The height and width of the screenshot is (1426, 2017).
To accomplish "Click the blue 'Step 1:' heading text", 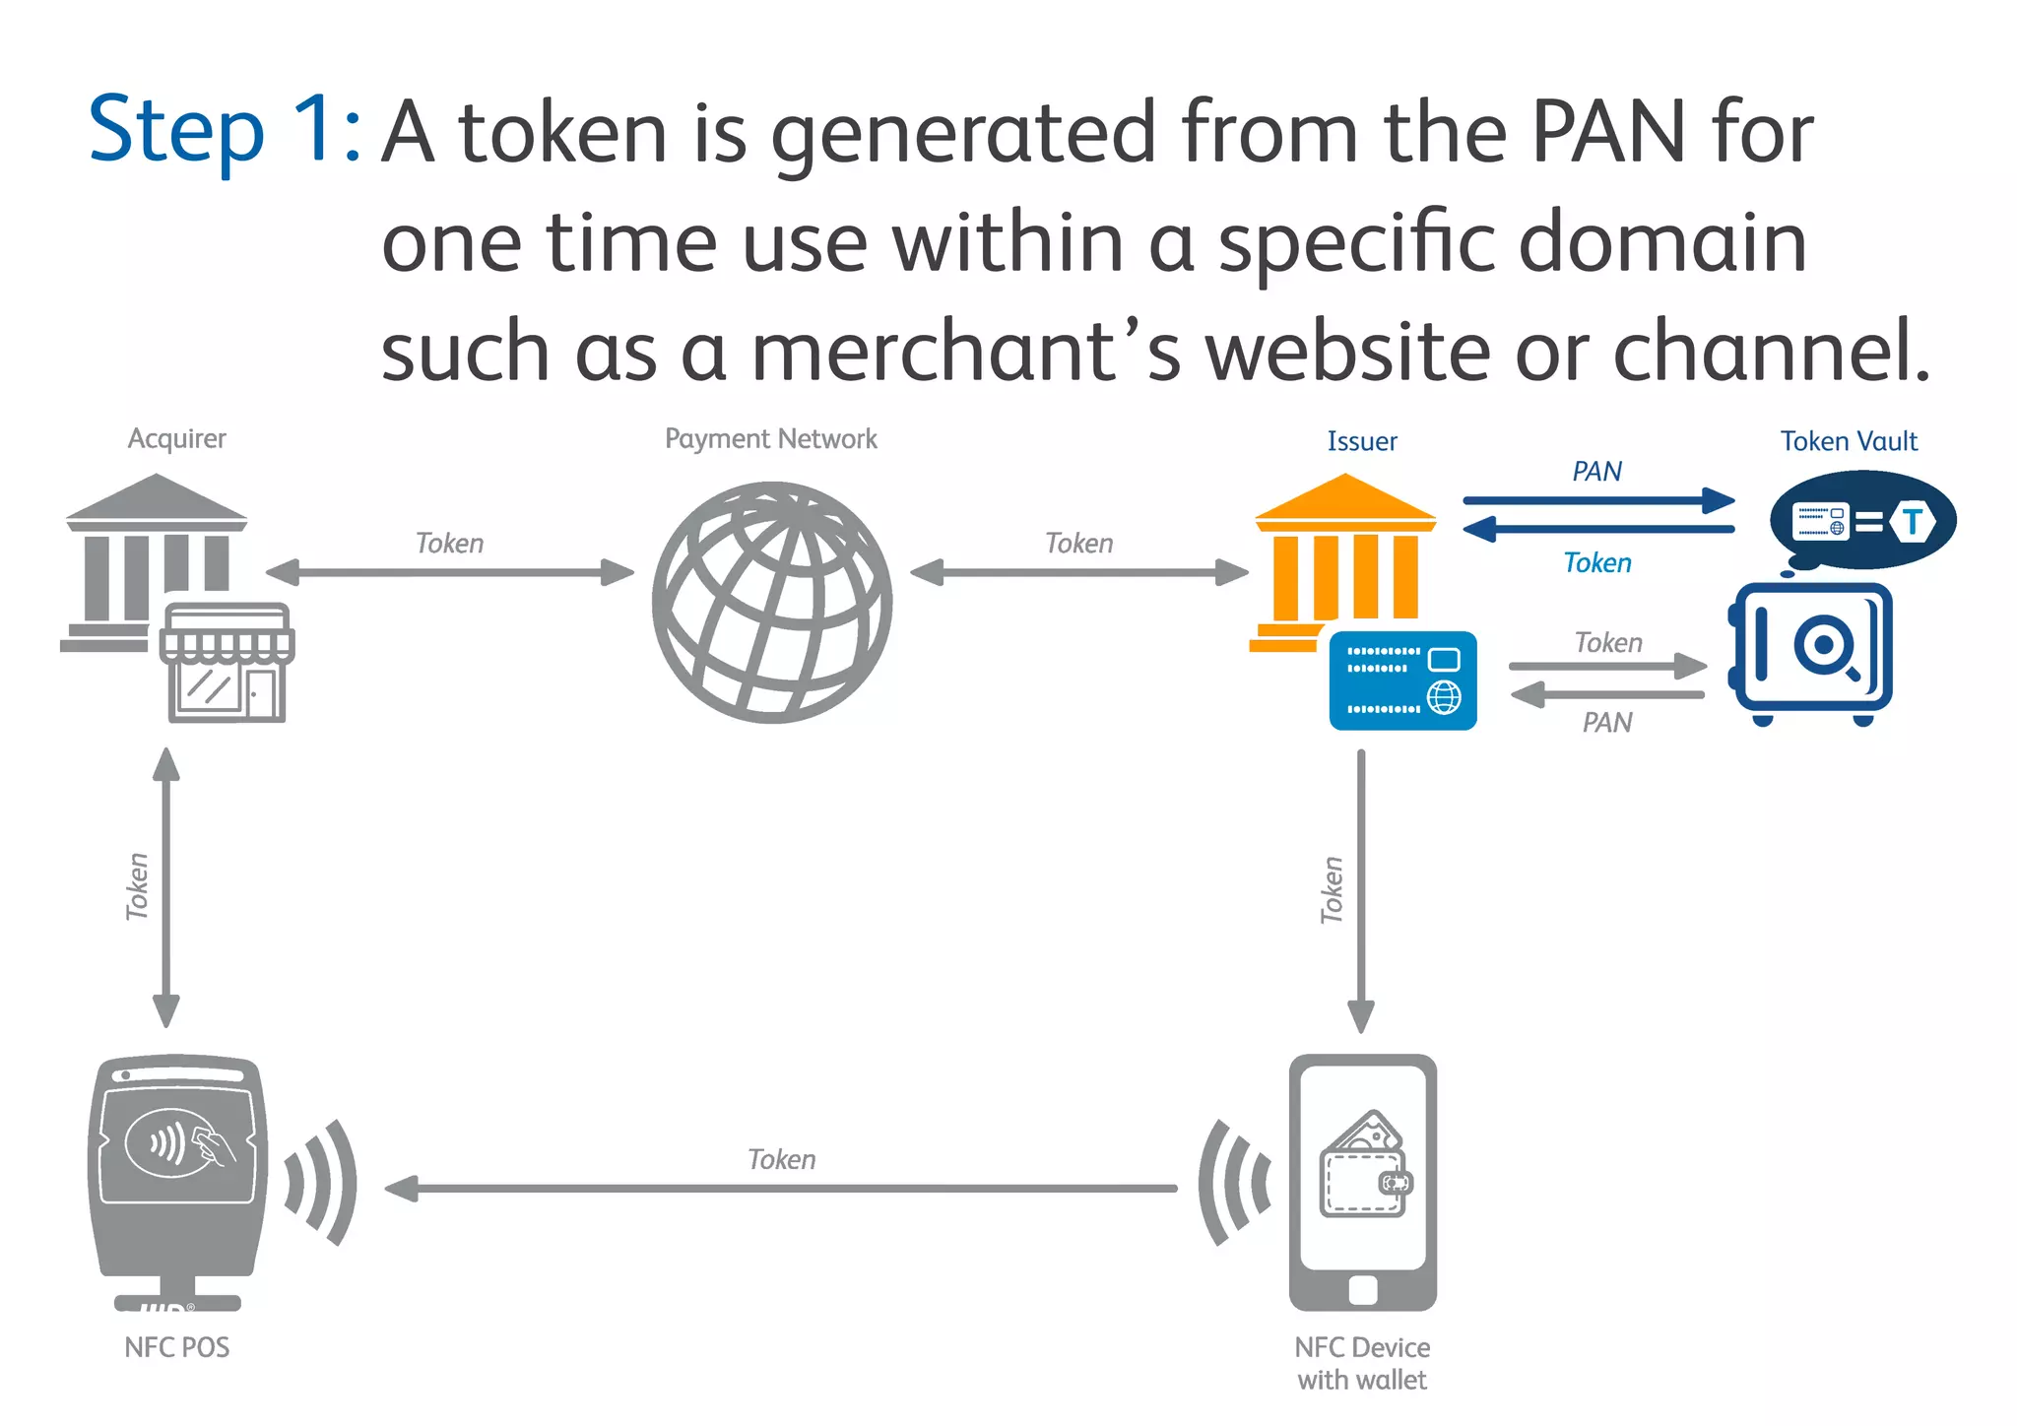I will (225, 130).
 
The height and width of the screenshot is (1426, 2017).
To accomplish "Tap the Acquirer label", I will (176, 438).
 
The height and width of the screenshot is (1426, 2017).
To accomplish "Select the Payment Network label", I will (770, 438).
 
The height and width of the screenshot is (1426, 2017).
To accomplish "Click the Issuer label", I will (1361, 441).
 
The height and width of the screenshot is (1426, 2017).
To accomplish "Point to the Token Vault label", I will (1849, 441).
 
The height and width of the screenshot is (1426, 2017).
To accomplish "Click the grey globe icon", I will (772, 602).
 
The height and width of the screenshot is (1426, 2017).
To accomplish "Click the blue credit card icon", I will (1402, 681).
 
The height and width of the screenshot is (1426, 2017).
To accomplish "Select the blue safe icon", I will (1811, 650).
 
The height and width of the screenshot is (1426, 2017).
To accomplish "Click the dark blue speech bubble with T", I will (1862, 520).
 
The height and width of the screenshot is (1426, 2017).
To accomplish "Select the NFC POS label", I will (176, 1347).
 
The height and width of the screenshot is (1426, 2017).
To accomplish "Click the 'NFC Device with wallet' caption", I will (1362, 1363).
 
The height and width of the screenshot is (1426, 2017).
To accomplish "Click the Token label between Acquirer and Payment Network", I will (449, 544).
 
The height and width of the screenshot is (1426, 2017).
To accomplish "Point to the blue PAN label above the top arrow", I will (1596, 472).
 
